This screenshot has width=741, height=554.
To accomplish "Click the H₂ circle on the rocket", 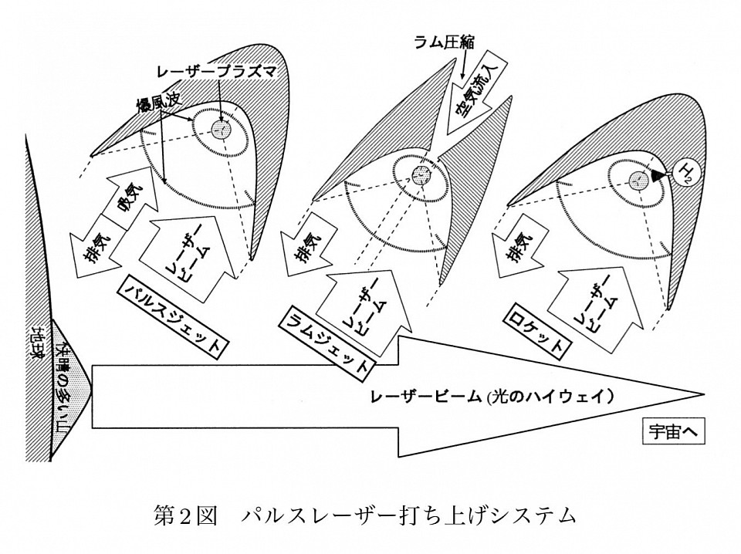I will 682,174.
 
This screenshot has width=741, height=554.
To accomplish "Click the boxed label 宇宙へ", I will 672,434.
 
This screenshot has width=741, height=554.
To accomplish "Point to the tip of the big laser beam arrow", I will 702,394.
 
